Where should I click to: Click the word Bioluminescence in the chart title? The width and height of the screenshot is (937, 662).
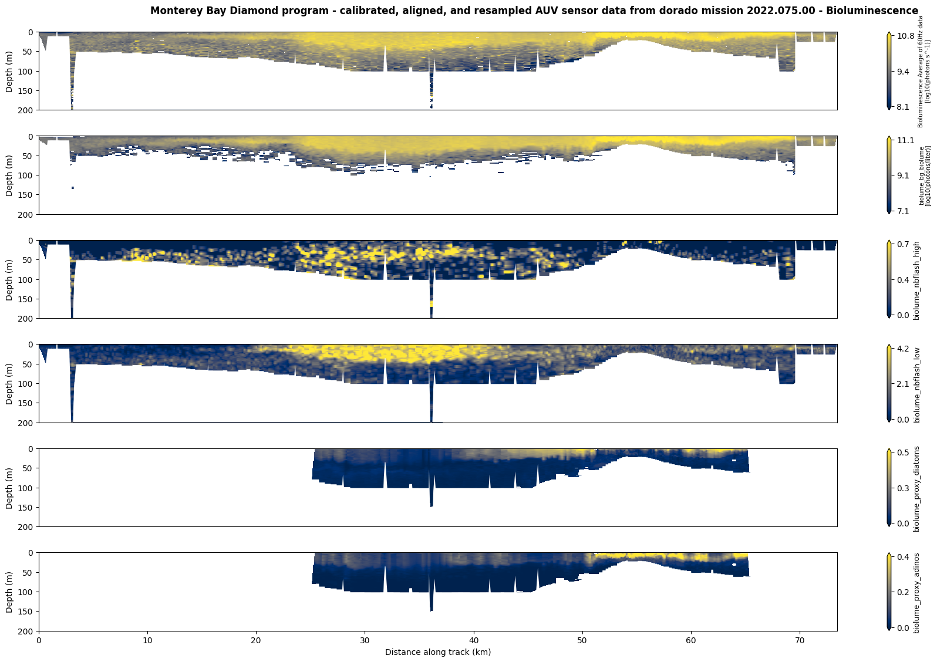click(x=882, y=11)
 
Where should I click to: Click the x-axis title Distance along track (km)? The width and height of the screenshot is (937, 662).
click(x=437, y=652)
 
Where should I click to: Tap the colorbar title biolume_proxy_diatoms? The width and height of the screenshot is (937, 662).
click(x=917, y=488)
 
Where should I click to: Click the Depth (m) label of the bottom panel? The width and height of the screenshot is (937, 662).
click(x=9, y=592)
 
